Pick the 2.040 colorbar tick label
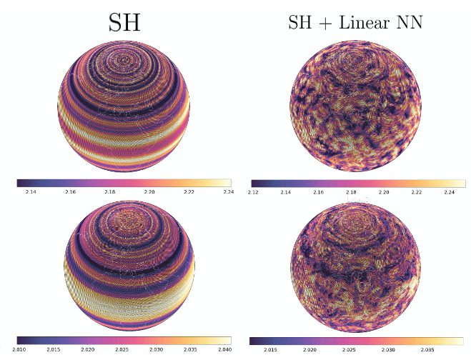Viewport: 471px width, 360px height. (224, 351)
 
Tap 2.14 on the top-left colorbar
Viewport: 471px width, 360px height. (30, 193)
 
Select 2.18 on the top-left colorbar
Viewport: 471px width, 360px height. (110, 193)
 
